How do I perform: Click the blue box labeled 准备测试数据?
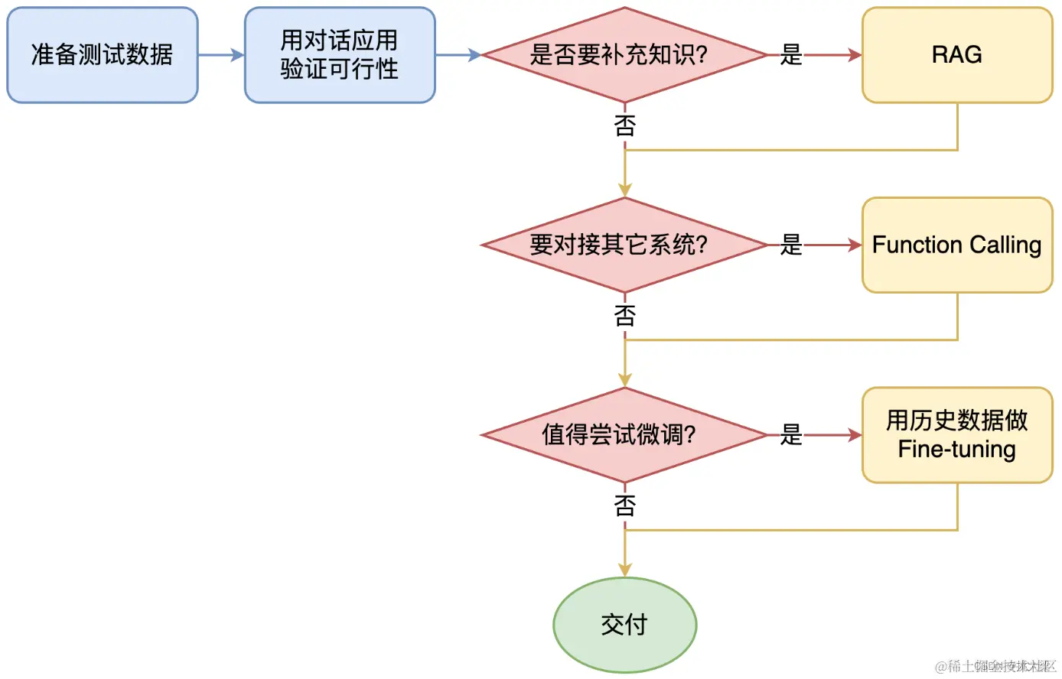pyautogui.click(x=103, y=55)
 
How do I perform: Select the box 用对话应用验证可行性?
pyautogui.click(x=340, y=55)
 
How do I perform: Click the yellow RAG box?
pyautogui.click(x=957, y=55)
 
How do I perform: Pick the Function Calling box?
pyautogui.click(x=957, y=245)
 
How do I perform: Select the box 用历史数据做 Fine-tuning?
pyautogui.click(x=957, y=435)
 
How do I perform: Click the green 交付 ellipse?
pyautogui.click(x=624, y=625)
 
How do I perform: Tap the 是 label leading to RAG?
pyautogui.click(x=791, y=55)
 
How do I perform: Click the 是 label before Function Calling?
pyautogui.click(x=791, y=245)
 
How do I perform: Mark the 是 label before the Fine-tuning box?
pyautogui.click(x=791, y=435)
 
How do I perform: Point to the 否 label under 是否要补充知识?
pyautogui.click(x=625, y=125)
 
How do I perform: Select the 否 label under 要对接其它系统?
pyautogui.click(x=625, y=315)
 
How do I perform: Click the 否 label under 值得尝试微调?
pyautogui.click(x=625, y=505)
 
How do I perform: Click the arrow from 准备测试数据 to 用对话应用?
pyautogui.click(x=221, y=55)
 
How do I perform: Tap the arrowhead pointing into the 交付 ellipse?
pyautogui.click(x=625, y=570)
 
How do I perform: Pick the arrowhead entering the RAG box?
pyautogui.click(x=855, y=55)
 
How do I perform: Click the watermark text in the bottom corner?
pyautogui.click(x=995, y=666)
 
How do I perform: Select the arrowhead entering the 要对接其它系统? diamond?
pyautogui.click(x=625, y=190)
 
